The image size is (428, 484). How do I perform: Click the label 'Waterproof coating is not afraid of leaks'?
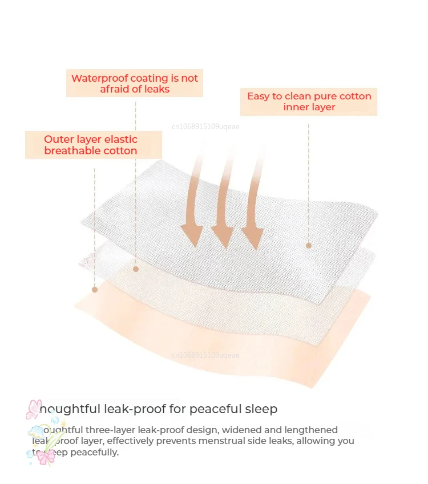[x=135, y=83]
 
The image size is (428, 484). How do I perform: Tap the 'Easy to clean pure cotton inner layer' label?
[x=309, y=102]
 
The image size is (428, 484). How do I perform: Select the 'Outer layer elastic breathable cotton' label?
[x=91, y=145]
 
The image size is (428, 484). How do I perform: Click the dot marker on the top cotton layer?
[x=309, y=245]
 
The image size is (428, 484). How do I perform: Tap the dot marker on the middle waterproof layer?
[x=136, y=269]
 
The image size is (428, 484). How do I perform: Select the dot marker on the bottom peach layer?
[x=95, y=290]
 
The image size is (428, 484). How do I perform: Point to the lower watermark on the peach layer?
[x=205, y=355]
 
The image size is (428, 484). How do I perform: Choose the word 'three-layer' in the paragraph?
[x=101, y=430]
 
